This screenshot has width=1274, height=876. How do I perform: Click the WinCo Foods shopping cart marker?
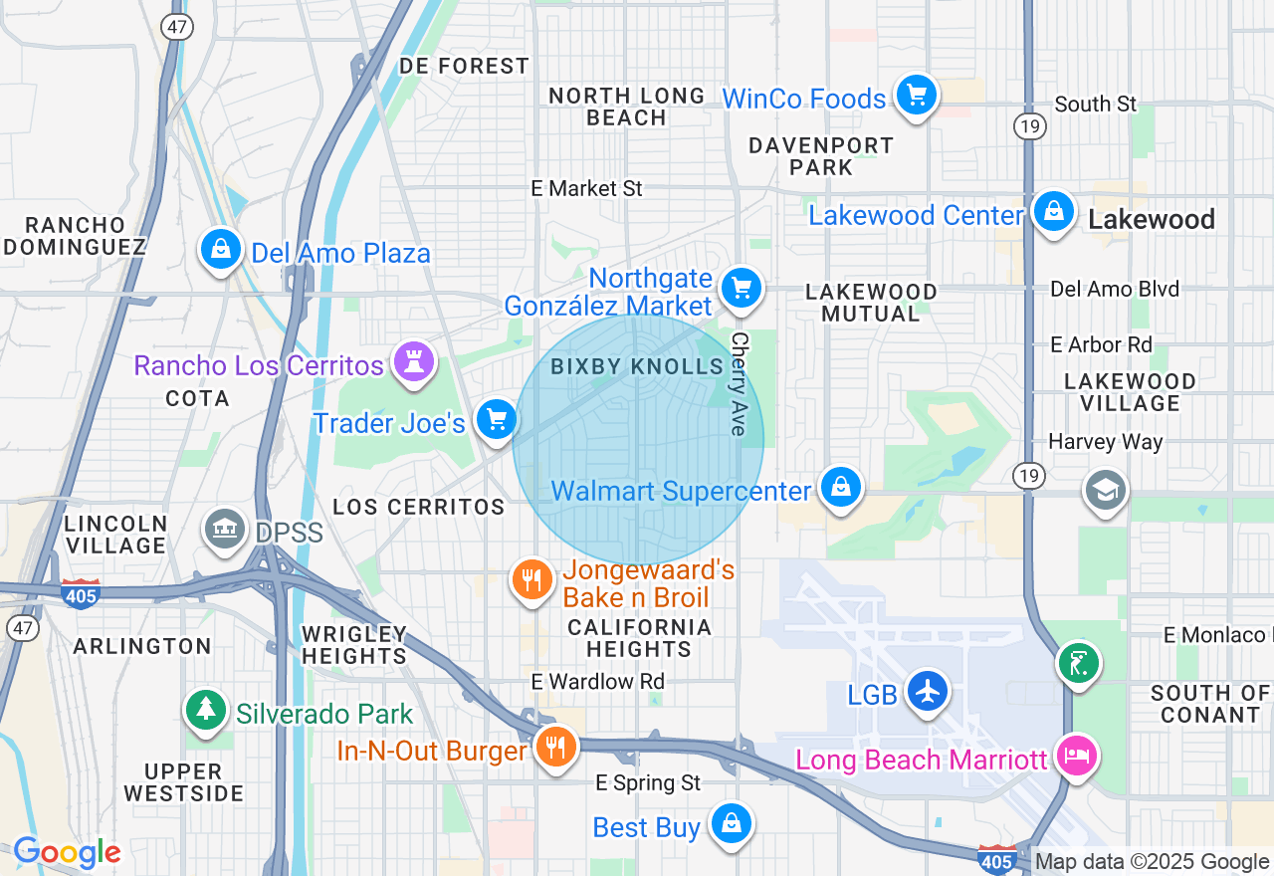(916, 97)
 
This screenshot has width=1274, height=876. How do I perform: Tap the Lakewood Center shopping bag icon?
(1053, 212)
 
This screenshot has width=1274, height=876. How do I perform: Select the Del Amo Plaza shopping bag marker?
(221, 249)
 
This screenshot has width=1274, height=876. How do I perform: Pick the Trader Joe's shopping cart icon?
(496, 420)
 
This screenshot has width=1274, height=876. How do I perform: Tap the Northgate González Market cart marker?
(742, 289)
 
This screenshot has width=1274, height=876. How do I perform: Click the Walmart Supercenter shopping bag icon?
(841, 488)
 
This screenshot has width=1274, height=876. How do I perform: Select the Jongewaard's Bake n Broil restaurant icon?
(532, 579)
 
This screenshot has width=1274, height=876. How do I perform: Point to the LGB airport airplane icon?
(928, 691)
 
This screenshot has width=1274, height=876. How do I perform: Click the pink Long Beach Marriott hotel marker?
(1077, 757)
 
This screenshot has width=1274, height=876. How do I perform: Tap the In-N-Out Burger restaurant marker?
(555, 747)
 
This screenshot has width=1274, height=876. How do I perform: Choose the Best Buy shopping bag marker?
(732, 824)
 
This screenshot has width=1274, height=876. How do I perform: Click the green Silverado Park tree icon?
(205, 710)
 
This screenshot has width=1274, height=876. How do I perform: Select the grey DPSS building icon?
(225, 529)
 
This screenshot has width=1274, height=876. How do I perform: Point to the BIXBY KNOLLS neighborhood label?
(637, 367)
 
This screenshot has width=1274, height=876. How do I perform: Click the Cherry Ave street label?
(738, 383)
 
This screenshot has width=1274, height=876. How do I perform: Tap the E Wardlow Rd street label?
(597, 682)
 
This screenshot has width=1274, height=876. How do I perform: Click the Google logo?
(67, 853)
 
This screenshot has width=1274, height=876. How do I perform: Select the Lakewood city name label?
(1152, 220)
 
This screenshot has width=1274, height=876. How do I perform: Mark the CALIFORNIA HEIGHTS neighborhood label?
(639, 638)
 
